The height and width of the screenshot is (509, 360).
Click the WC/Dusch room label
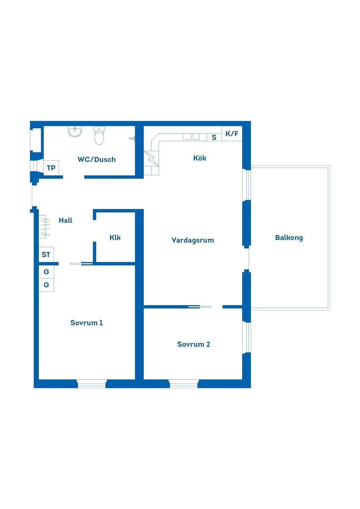97,159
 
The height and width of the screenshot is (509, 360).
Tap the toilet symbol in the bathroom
99,136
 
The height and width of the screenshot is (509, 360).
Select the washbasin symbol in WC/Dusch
75,131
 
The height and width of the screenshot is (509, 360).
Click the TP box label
51,168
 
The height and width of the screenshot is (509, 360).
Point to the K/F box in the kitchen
232,134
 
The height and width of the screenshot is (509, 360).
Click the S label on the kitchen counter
214,137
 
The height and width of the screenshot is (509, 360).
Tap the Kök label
200,158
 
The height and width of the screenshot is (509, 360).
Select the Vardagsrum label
193,240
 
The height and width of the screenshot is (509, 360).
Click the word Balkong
289,238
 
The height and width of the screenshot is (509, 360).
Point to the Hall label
66,220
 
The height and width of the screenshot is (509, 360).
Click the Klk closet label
115,237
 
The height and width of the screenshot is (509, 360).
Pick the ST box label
46,255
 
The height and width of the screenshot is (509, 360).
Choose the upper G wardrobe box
46,272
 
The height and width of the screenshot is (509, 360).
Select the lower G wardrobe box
46,285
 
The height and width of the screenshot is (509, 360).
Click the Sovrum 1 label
87,323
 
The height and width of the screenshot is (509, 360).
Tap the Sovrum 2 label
194,344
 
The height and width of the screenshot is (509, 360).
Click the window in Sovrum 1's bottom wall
92,384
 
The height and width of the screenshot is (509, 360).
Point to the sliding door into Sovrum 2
200,306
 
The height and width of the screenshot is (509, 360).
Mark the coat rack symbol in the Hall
44,227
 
